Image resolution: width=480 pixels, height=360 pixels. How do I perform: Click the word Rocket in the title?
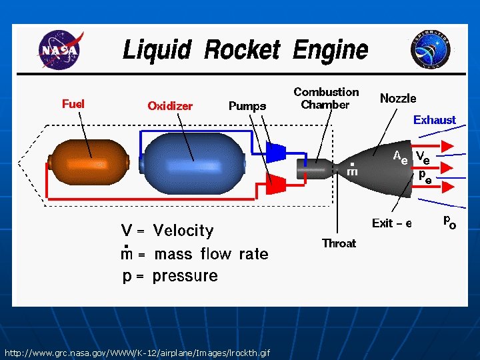pyautogui.click(x=242, y=50)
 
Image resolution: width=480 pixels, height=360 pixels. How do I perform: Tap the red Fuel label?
pyautogui.click(x=73, y=103)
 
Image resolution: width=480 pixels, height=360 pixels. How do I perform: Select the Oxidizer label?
pyautogui.click(x=170, y=105)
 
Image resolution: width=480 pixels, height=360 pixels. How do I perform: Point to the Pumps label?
pyautogui.click(x=247, y=105)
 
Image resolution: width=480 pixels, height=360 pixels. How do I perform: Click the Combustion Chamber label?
pyautogui.click(x=326, y=98)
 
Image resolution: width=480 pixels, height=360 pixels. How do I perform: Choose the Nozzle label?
pyautogui.click(x=398, y=98)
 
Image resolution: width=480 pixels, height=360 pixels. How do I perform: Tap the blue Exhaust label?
pyautogui.click(x=435, y=120)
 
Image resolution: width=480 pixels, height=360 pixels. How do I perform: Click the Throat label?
pyautogui.click(x=339, y=243)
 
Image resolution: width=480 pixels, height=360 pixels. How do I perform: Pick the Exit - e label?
pyautogui.click(x=392, y=223)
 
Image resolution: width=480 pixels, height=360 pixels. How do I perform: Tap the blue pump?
pyautogui.click(x=275, y=151)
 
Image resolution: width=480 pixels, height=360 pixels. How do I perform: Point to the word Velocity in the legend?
pyautogui.click(x=183, y=231)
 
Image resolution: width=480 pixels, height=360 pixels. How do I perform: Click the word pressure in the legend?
pyautogui.click(x=185, y=276)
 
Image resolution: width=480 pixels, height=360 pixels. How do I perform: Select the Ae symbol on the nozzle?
pyautogui.click(x=401, y=157)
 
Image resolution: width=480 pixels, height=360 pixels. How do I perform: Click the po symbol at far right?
pyautogui.click(x=450, y=222)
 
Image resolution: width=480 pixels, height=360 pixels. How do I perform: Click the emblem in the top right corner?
pyautogui.click(x=431, y=50)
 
